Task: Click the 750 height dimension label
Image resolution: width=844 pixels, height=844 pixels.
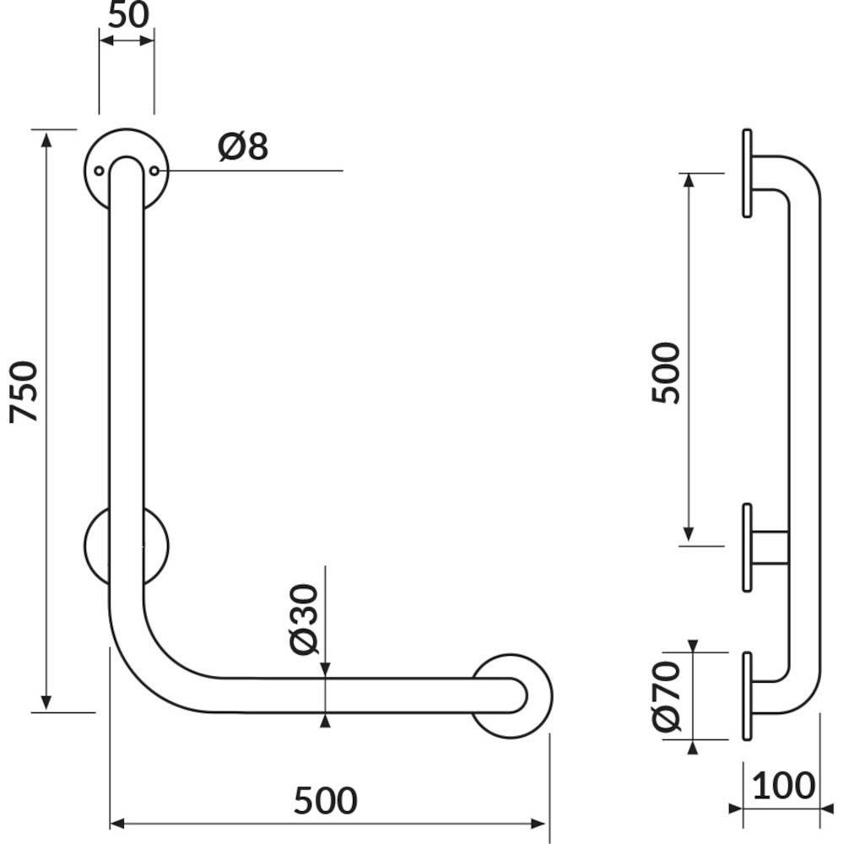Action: click(24, 392)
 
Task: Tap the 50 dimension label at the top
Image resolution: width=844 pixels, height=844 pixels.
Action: click(128, 15)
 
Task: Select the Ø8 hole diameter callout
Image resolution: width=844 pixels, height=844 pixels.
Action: click(243, 146)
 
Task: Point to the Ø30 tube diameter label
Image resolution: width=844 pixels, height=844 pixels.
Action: click(304, 619)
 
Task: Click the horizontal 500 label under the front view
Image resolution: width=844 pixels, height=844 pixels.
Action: click(326, 800)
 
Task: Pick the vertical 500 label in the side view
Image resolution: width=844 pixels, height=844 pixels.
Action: click(665, 372)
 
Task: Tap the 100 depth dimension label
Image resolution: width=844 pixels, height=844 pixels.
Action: click(784, 786)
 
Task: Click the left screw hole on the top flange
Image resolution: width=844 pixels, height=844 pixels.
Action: click(99, 170)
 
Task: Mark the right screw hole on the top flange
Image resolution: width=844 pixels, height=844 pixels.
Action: click(154, 170)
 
